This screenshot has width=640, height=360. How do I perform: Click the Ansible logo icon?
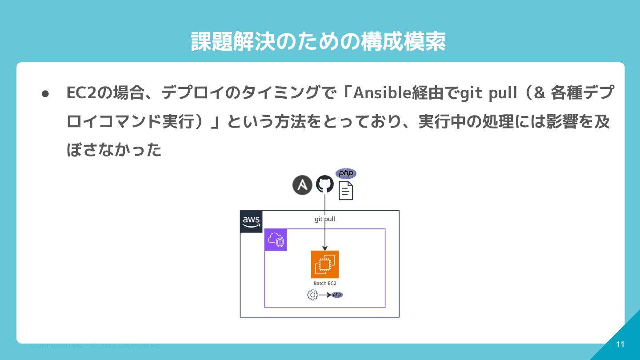pos(302,185)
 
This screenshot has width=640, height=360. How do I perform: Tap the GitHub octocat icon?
pos(325,184)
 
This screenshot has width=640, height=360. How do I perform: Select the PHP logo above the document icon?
pos(346,173)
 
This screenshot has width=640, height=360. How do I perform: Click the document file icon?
pos(346,191)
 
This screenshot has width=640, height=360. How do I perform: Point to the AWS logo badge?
pos(252,221)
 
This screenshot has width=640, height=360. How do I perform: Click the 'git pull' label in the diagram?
pos(325,219)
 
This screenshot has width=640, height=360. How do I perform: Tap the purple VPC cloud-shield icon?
pos(276,240)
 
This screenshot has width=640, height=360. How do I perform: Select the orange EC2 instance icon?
pos(325,264)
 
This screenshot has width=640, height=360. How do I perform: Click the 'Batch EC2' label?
pos(325,283)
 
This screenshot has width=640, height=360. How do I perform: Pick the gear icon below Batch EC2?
pos(313,295)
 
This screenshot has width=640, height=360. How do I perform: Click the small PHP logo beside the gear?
pos(337,295)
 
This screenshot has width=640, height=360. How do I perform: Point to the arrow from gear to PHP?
pos(325,295)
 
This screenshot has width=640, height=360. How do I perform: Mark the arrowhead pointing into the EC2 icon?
pos(325,248)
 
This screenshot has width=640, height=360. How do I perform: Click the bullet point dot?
pos(45,94)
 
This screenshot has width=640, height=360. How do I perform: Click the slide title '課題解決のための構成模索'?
pos(318,42)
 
